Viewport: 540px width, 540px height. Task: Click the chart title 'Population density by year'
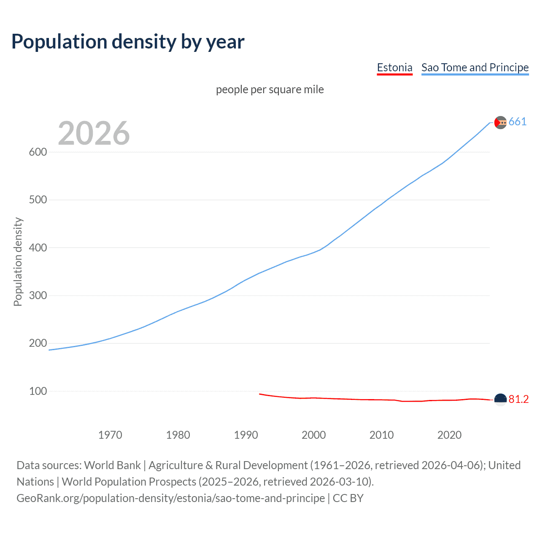[128, 42]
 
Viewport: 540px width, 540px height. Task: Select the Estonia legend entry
[394, 67]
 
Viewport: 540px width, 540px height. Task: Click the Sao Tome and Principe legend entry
[475, 67]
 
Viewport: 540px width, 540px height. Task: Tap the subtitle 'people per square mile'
[270, 90]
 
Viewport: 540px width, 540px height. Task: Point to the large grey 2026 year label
[94, 133]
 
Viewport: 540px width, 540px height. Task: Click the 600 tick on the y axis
[38, 152]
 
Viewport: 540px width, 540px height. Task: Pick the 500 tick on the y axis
[38, 200]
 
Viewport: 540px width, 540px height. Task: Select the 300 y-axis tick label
[38, 295]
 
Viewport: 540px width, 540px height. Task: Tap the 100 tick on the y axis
[38, 391]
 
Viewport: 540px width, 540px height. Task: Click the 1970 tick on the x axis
[110, 435]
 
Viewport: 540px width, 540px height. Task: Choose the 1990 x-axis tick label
[246, 435]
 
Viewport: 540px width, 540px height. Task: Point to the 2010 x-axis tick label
[381, 435]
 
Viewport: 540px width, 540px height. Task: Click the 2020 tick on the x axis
[449, 435]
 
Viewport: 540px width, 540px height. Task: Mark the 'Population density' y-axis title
[18, 262]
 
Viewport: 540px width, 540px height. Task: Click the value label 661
[517, 122]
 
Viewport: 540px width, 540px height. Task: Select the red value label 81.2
[518, 400]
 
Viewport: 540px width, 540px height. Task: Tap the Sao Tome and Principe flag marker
[500, 122]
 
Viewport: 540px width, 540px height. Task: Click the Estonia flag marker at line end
[500, 399]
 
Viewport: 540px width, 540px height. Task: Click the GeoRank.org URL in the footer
[170, 498]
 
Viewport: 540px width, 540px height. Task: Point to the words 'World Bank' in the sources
[112, 465]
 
